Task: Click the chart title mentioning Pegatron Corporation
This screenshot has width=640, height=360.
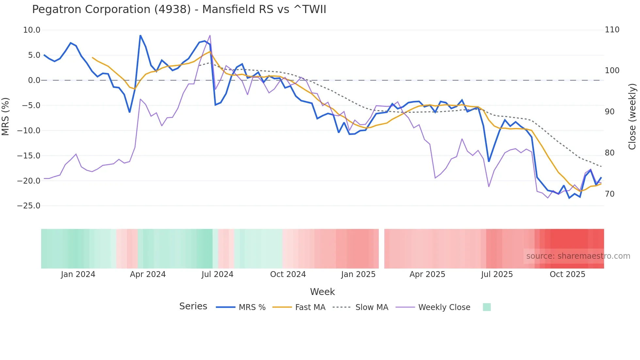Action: click(179, 9)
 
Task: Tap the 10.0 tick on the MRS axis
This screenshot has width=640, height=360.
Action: click(32, 30)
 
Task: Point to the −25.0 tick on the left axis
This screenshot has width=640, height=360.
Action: click(29, 206)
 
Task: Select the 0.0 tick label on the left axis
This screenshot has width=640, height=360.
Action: click(34, 80)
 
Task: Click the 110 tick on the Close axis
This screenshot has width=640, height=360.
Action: click(612, 30)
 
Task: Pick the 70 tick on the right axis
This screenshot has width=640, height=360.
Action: click(610, 194)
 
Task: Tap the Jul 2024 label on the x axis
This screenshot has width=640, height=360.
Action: click(217, 274)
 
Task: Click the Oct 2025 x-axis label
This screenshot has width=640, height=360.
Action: click(568, 274)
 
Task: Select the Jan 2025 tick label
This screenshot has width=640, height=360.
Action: click(358, 274)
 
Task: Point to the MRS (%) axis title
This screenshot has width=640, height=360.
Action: click(6, 117)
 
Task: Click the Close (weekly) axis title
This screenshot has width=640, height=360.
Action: click(632, 117)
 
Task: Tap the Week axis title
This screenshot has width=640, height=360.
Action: click(322, 292)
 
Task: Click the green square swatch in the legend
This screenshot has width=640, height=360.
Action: click(487, 307)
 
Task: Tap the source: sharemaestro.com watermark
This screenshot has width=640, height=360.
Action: click(578, 256)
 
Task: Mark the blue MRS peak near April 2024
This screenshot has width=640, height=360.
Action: click(140, 35)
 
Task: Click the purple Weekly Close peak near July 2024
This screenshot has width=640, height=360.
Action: click(210, 35)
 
